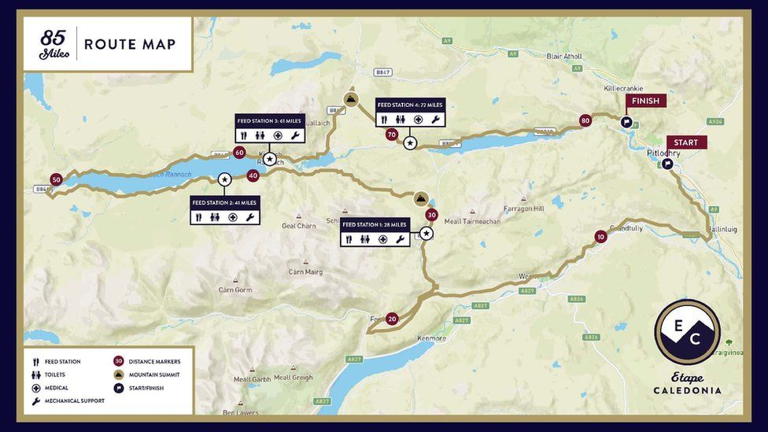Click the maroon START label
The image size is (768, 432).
point(686,142)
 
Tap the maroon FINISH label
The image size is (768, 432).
point(645,101)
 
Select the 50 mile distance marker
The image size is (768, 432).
point(56,179)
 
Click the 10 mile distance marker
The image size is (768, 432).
point(600,236)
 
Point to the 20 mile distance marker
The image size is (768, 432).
point(392,319)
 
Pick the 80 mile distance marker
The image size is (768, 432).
point(585,120)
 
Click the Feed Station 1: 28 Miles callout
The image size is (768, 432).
point(375,232)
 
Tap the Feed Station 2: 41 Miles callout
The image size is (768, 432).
point(224,210)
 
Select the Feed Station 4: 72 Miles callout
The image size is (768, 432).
point(410,113)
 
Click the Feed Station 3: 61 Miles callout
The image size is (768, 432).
point(270,128)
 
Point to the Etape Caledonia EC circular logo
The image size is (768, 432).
point(687,332)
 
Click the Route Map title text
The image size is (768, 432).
point(130,44)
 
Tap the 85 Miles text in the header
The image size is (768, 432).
point(54,44)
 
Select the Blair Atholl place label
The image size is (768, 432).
point(564,57)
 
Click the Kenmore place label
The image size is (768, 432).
point(431,338)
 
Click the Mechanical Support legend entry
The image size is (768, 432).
point(74,401)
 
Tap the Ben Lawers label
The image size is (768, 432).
point(240,412)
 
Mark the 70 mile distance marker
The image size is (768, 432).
point(392,135)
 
